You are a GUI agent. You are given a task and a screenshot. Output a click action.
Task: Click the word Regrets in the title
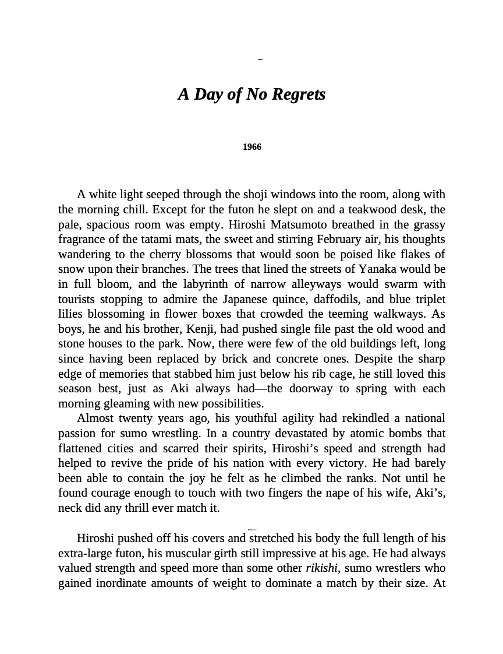(298, 94)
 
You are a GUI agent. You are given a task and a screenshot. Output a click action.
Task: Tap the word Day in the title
(209, 94)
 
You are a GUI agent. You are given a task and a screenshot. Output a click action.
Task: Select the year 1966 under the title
(252, 147)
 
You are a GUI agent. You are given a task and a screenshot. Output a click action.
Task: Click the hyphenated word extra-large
(86, 553)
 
